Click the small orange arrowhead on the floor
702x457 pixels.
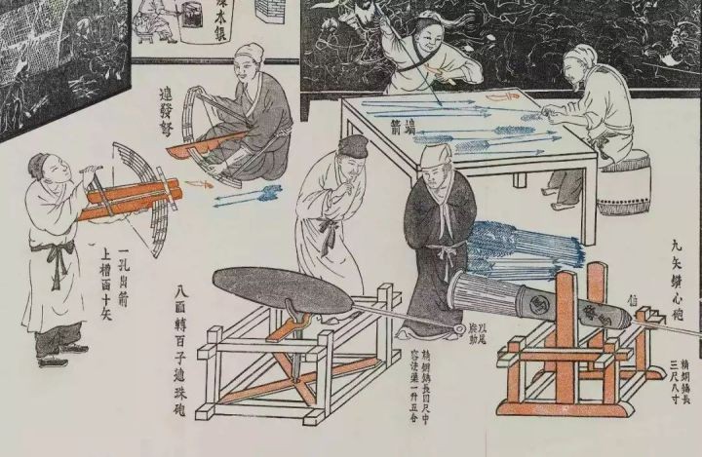pos(199,182)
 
